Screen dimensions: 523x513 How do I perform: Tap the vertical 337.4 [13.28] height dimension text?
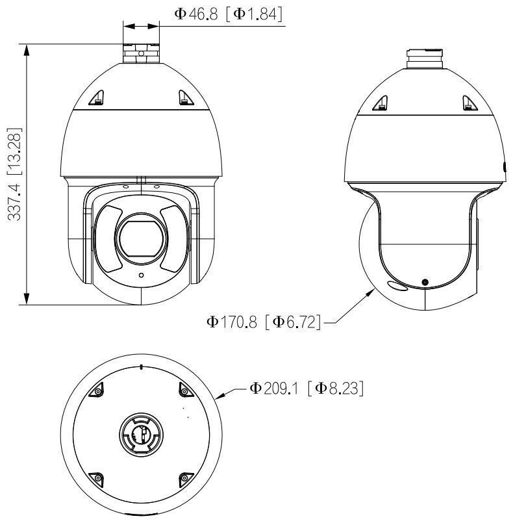pyautogui.click(x=15, y=173)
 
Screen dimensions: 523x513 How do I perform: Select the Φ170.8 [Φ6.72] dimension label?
pyautogui.click(x=264, y=321)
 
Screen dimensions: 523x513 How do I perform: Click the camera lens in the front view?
pyautogui.click(x=140, y=238)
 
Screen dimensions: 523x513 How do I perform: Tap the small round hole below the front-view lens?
pyautogui.click(x=140, y=275)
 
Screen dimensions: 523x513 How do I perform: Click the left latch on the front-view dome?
pyautogui.click(x=97, y=97)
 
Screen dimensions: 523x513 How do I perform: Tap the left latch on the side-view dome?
pyautogui.click(x=381, y=101)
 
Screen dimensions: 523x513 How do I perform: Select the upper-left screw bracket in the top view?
pyautogui.click(x=97, y=390)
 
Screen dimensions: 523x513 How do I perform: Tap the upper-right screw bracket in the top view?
pyautogui.click(x=184, y=390)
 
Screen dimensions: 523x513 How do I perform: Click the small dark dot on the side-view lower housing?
pyautogui.click(x=425, y=281)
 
